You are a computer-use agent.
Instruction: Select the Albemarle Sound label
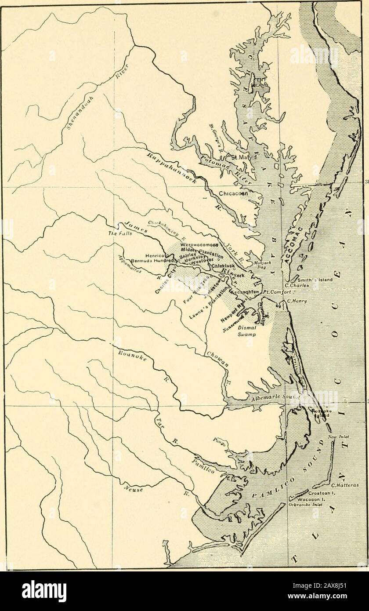click(275, 397)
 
